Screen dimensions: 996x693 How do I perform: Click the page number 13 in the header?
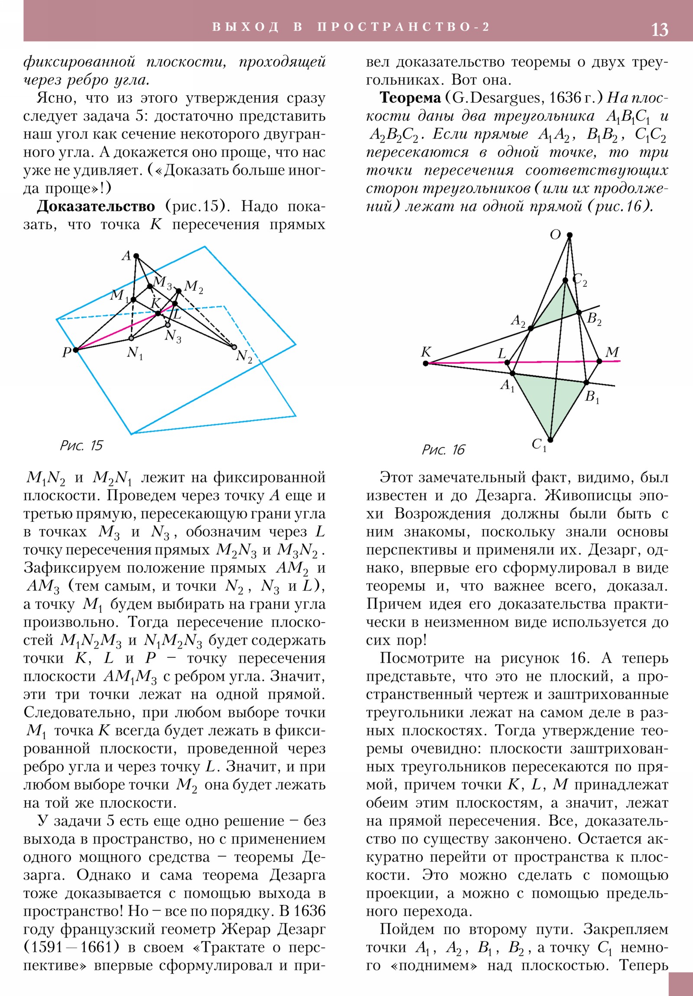click(x=659, y=29)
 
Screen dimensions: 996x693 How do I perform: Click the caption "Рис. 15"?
click(x=81, y=446)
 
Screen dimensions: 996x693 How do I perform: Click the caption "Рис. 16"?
click(x=443, y=450)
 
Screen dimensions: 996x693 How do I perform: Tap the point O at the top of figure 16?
click(x=569, y=235)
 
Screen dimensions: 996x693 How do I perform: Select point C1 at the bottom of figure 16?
click(x=550, y=440)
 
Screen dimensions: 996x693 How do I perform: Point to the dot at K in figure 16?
click(x=426, y=363)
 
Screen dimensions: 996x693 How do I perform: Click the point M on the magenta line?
click(x=599, y=361)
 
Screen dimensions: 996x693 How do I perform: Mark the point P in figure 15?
click(x=76, y=349)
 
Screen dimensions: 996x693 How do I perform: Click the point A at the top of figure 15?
click(x=136, y=256)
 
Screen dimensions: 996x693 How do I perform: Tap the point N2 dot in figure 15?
click(x=234, y=346)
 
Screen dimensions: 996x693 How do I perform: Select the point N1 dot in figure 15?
click(x=131, y=338)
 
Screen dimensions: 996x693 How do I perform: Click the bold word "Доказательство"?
click(x=95, y=207)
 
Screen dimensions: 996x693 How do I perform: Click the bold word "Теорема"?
click(x=410, y=98)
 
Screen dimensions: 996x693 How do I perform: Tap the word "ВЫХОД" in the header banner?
click(x=245, y=27)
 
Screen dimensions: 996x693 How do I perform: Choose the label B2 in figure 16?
click(x=594, y=319)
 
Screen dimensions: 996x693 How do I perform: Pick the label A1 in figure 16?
click(x=507, y=385)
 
